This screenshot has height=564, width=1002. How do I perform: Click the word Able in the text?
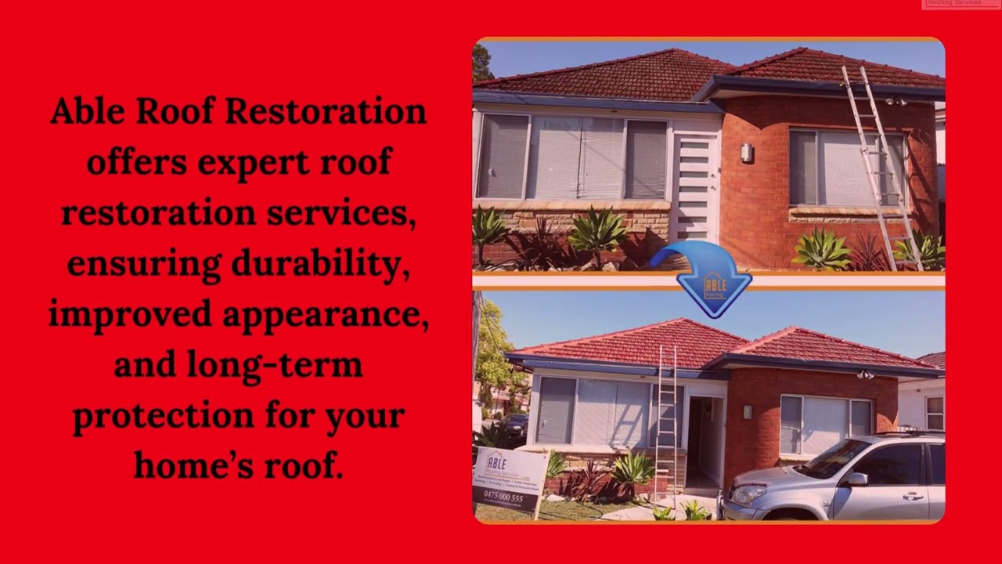87,111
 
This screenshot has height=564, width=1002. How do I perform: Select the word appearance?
325,315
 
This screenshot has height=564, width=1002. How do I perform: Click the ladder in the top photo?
881,164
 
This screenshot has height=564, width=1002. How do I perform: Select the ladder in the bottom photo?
667,423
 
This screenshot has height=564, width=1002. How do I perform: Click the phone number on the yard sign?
503,497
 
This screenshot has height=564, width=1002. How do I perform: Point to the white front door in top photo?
695,188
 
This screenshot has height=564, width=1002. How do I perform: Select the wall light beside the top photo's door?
747,153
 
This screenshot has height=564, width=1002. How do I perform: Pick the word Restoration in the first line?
326,111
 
